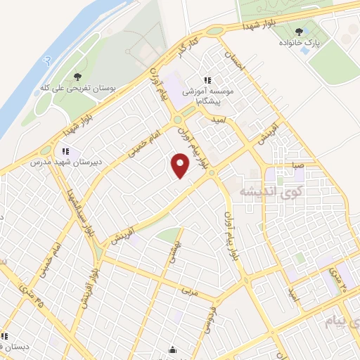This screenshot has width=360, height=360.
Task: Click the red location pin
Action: [x=181, y=166]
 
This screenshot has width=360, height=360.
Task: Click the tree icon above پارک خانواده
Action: [x=300, y=32]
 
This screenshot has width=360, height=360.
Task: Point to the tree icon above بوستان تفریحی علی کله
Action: [x=77, y=76]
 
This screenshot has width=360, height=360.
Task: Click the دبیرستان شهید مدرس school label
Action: [x=64, y=162]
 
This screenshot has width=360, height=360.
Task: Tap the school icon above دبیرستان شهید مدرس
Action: [x=65, y=150]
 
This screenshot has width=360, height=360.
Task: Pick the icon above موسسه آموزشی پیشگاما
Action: [x=207, y=81]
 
